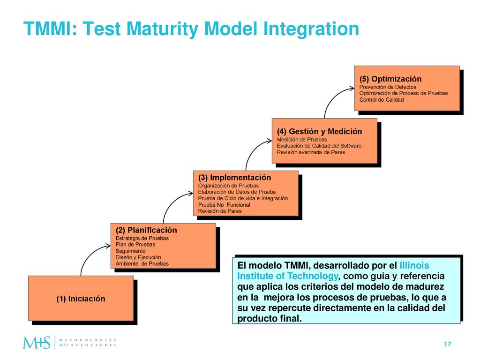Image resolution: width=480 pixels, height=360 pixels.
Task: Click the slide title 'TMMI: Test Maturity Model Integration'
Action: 191,29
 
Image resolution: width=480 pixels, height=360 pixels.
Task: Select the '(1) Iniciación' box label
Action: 81,299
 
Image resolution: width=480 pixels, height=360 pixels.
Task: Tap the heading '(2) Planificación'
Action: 146,230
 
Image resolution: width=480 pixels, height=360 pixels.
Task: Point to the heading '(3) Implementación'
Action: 234,178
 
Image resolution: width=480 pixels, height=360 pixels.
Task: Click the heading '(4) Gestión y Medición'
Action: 319,132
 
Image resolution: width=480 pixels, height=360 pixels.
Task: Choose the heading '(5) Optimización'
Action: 390,79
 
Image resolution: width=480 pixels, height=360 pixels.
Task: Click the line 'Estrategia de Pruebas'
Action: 142,238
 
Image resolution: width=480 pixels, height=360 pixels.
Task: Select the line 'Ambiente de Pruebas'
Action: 142,263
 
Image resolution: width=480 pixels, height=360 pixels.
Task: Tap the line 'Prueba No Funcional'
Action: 224,205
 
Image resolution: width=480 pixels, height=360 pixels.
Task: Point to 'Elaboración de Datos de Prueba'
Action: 237,192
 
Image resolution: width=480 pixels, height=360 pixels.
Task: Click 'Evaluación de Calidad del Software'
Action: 319,146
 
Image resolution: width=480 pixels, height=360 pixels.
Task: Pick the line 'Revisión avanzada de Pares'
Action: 311,152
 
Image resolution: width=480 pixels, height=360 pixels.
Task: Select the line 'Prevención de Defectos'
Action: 388,87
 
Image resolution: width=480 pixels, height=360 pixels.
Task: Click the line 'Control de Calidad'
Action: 382,100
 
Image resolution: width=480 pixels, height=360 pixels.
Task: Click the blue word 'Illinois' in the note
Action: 414,265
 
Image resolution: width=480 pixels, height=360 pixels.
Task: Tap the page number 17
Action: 447,344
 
